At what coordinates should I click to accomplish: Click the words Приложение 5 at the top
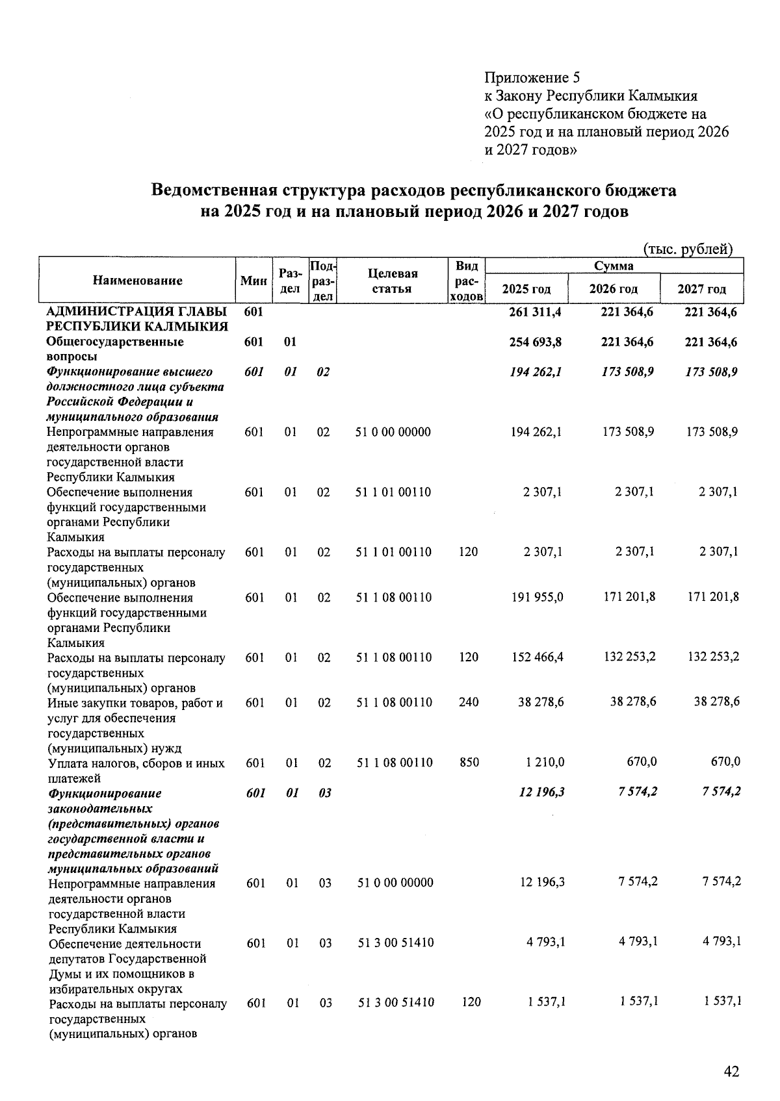point(531,78)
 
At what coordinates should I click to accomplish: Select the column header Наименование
point(137,281)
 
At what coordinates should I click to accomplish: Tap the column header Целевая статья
point(393,281)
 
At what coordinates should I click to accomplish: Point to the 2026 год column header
point(613,289)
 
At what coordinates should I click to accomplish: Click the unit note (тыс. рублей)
point(688,249)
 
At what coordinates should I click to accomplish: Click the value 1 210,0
point(545,762)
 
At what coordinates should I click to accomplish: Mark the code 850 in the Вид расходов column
point(469,762)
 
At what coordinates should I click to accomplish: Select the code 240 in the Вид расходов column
point(469,702)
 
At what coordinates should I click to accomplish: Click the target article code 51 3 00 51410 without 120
point(395,943)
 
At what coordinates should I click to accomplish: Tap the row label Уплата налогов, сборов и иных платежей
point(136,770)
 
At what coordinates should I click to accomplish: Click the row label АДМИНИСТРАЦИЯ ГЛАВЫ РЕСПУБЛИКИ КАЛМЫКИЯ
point(137,319)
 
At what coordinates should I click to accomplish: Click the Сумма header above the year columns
point(613,266)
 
